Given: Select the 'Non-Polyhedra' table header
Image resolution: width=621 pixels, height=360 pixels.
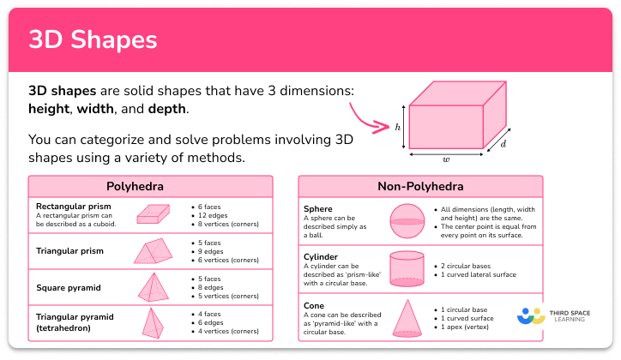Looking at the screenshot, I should [420, 186].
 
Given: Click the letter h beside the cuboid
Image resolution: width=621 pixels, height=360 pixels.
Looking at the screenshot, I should [398, 126].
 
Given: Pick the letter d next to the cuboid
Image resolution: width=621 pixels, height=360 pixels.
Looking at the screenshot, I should [503, 144].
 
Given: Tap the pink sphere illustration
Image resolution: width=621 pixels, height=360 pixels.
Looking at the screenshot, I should [407, 220].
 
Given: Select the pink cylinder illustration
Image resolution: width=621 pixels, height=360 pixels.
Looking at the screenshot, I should [407, 268].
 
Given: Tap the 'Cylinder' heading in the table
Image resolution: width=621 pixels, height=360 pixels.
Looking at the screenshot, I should [321, 256].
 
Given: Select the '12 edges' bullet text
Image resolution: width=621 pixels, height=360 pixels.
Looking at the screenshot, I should [218, 216].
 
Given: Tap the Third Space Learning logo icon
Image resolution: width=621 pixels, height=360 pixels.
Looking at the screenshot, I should [531, 316].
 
